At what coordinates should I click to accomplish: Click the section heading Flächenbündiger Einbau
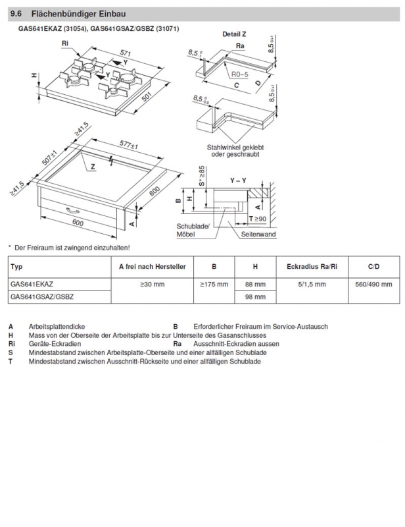pos(78,14)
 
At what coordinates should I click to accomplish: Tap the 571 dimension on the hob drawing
pos(125,53)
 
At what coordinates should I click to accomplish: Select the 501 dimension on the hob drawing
pos(147,97)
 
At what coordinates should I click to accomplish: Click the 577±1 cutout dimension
pos(129,145)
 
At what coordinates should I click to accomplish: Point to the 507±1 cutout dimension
pos(50,157)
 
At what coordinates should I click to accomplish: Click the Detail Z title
pos(234,34)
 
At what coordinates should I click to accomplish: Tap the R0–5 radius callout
pos(239,74)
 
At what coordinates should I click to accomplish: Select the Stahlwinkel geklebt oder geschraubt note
pos(235,151)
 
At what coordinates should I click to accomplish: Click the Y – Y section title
pos(238,180)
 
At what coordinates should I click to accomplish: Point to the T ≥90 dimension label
pos(257,219)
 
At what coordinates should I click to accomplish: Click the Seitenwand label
pos(258,235)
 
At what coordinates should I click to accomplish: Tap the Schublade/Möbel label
pos(193,230)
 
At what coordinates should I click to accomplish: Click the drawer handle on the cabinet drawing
pos(73,210)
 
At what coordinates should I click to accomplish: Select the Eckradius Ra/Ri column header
pos(312,267)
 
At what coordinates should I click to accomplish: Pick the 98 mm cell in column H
pos(255,297)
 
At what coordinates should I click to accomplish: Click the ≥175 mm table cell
pos(214,285)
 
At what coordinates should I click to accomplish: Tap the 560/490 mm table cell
pos(373,285)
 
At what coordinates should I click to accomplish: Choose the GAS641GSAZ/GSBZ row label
pos(42,297)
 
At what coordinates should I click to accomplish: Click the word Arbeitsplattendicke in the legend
pos(57,326)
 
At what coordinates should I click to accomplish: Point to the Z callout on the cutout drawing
pos(93,167)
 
